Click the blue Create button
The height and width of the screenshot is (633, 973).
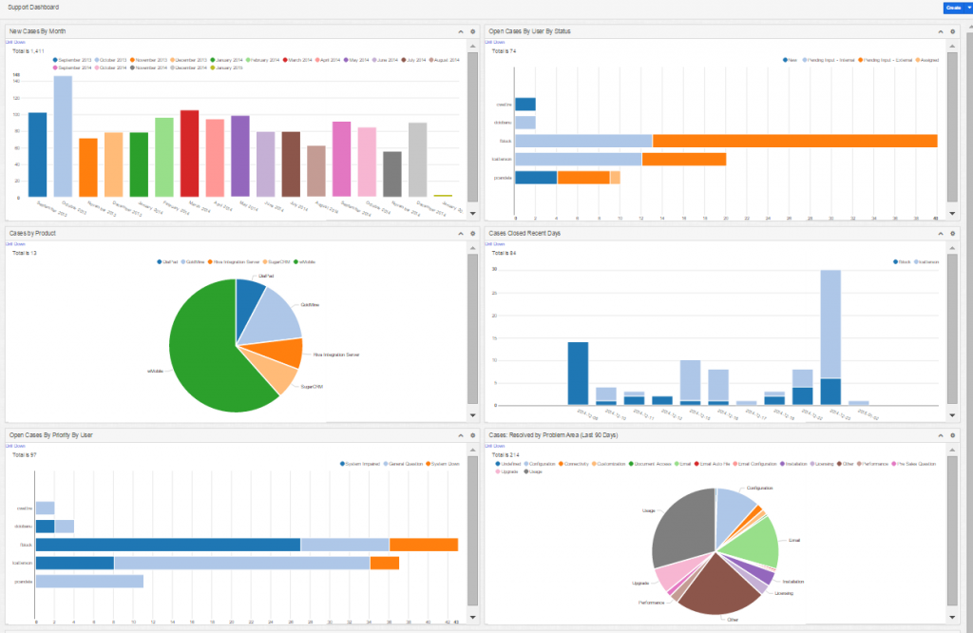952,8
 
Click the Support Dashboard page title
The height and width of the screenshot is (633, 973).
33,7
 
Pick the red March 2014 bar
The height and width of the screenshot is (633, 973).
189,153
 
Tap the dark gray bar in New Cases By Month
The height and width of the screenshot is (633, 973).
392,173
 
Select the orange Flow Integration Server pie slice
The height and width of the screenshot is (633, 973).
282,355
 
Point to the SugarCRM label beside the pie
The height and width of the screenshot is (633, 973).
313,387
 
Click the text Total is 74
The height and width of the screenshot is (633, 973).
504,50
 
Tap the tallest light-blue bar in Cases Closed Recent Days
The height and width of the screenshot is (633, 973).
830,323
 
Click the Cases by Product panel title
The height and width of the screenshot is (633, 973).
31,232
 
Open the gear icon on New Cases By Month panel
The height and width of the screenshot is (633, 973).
472,31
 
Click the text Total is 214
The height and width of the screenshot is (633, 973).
506,455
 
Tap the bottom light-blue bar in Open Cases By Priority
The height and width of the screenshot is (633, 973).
89,581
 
